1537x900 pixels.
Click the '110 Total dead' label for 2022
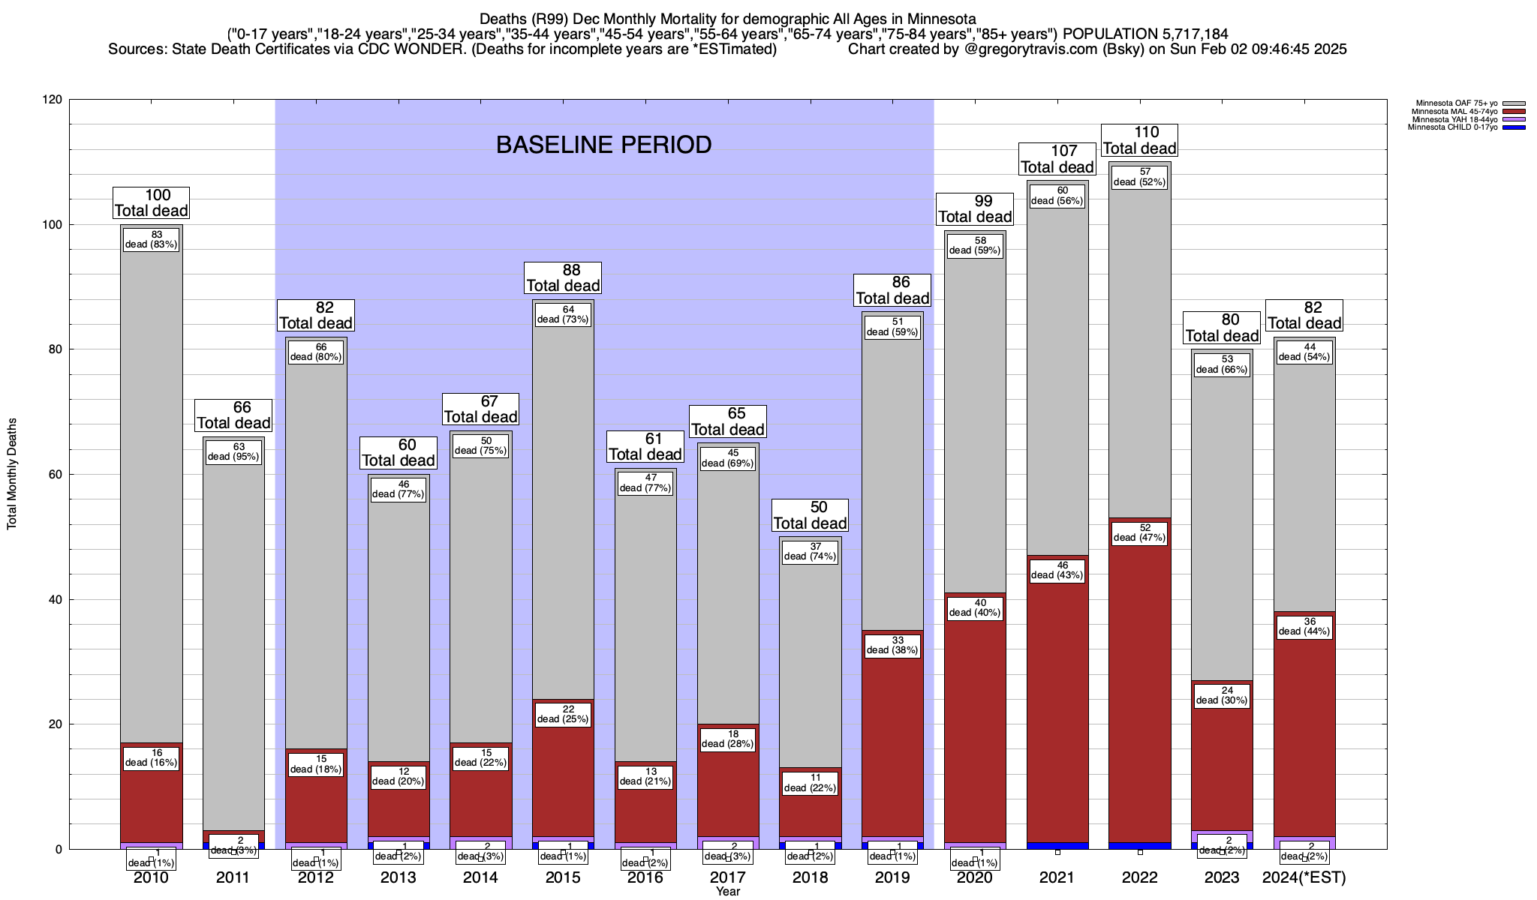point(1139,140)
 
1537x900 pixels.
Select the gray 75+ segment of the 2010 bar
point(151,487)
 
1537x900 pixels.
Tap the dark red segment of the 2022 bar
point(1139,675)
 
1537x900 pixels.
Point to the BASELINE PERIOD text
point(603,145)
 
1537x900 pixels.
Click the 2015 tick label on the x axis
point(563,877)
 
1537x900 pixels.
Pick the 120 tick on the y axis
point(53,100)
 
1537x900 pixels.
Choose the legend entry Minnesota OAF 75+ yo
point(1456,103)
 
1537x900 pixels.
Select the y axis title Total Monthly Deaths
point(12,474)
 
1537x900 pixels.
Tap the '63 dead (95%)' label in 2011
point(233,451)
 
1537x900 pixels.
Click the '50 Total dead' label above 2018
point(810,515)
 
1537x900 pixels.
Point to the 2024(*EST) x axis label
point(1304,877)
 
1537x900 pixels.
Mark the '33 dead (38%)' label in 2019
point(892,645)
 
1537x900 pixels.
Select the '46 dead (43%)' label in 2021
point(1057,570)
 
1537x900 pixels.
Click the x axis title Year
point(727,891)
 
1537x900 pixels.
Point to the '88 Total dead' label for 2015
point(563,277)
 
